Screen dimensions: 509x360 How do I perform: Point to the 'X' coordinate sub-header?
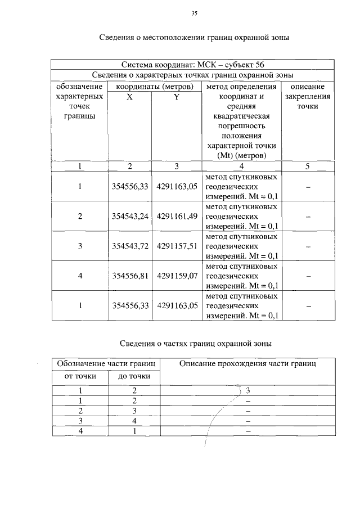pyautogui.click(x=129, y=97)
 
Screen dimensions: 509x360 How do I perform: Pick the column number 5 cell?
pyautogui.click(x=307, y=166)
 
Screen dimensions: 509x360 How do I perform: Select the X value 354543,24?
pyautogui.click(x=129, y=217)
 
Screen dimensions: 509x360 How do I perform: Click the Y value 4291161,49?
pyautogui.click(x=177, y=217)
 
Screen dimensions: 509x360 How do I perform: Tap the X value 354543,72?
pyautogui.click(x=129, y=246)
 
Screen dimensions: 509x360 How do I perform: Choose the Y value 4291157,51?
pyautogui.click(x=177, y=246)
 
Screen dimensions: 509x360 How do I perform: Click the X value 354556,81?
pyautogui.click(x=129, y=276)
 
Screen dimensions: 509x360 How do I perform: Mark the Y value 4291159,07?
pyautogui.click(x=177, y=276)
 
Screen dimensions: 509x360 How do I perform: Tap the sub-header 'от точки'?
pyautogui.click(x=80, y=376)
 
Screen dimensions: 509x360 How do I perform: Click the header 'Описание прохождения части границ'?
pyautogui.click(x=247, y=364)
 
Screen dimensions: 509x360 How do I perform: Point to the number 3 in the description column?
pyautogui.click(x=247, y=390)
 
